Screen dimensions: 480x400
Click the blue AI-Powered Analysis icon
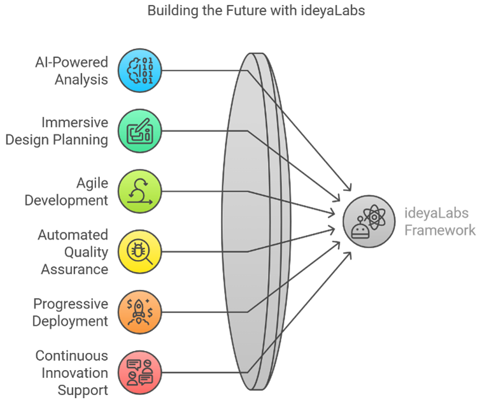click(x=140, y=71)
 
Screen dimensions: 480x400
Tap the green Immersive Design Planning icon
click(x=140, y=131)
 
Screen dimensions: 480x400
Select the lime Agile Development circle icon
click(x=140, y=192)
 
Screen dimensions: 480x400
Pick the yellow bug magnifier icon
click(x=140, y=252)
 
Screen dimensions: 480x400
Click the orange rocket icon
click(x=140, y=312)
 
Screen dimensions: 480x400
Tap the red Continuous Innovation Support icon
click(x=140, y=373)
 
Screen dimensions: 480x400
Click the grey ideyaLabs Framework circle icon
click(x=369, y=222)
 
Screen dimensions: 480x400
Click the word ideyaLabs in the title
click(x=333, y=11)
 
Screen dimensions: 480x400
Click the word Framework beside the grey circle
click(x=440, y=231)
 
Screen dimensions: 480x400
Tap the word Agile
click(x=92, y=184)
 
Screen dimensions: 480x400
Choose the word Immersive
click(x=74, y=122)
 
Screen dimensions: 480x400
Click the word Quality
click(x=86, y=253)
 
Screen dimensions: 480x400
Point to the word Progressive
click(x=71, y=304)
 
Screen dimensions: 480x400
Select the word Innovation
click(x=74, y=373)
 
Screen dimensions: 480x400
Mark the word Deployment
click(x=70, y=322)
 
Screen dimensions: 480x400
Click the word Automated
click(x=73, y=235)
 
